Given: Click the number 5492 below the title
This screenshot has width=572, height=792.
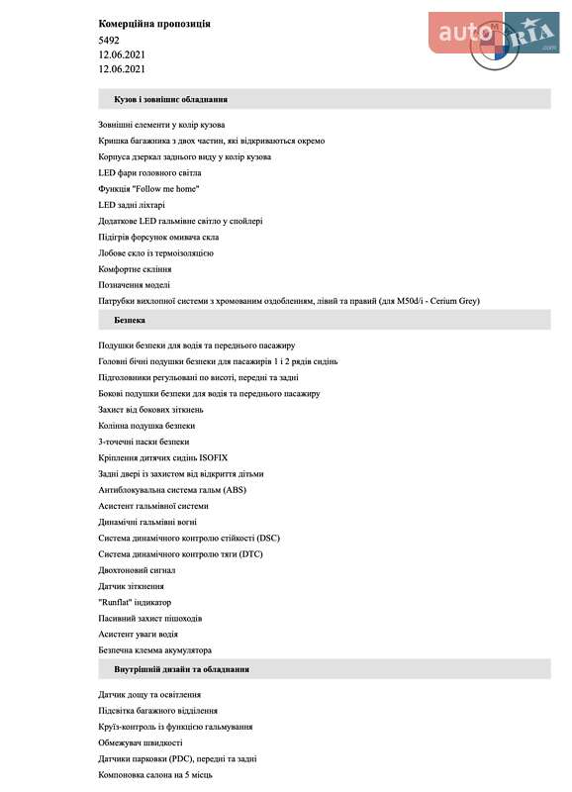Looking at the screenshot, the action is (109, 40).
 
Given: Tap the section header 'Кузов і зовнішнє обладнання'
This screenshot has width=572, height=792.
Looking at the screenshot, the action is (171, 99).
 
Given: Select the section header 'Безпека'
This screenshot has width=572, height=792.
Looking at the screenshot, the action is (131, 321).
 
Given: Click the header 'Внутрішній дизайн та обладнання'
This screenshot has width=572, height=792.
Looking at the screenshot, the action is (181, 669).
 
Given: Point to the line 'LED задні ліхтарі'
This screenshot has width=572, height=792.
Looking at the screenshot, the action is (134, 205).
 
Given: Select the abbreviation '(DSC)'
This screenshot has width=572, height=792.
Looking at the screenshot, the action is (267, 538).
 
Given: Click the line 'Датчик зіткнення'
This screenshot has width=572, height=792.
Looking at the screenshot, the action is (132, 586).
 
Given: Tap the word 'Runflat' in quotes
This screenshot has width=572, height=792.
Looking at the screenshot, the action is (115, 602).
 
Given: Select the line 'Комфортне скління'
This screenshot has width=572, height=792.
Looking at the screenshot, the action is (135, 269).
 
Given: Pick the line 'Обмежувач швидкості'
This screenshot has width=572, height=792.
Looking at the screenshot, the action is (141, 742).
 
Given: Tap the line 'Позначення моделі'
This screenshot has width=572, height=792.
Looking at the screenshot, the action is (134, 285).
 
